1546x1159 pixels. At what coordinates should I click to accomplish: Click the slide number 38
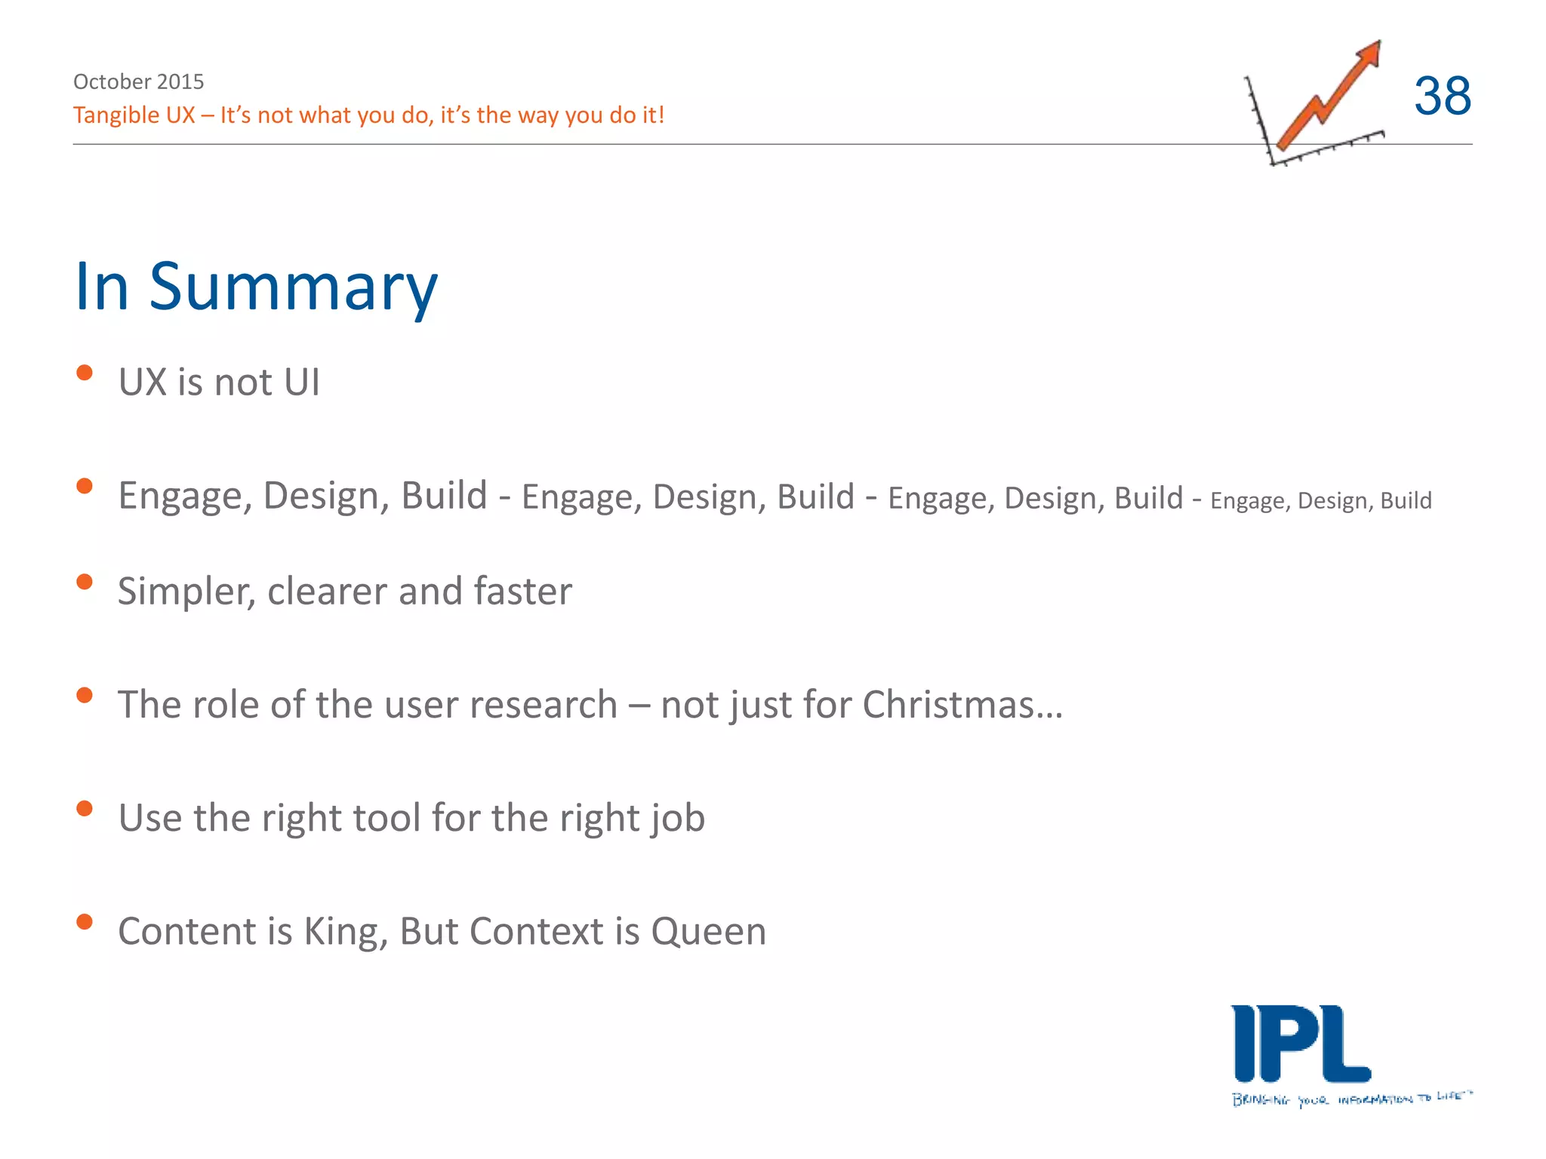click(1442, 97)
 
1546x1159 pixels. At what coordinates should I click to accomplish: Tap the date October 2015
click(138, 81)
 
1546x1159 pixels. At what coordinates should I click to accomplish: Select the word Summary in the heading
click(293, 288)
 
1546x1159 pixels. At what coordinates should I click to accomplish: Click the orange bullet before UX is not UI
click(85, 373)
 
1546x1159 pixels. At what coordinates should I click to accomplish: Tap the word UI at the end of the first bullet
click(302, 382)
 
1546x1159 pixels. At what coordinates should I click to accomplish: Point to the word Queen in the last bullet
click(708, 932)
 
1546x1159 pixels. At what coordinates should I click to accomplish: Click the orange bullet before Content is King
click(85, 921)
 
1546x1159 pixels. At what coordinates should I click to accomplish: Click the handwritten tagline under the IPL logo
click(1351, 1099)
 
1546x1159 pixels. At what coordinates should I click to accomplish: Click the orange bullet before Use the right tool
click(85, 809)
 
